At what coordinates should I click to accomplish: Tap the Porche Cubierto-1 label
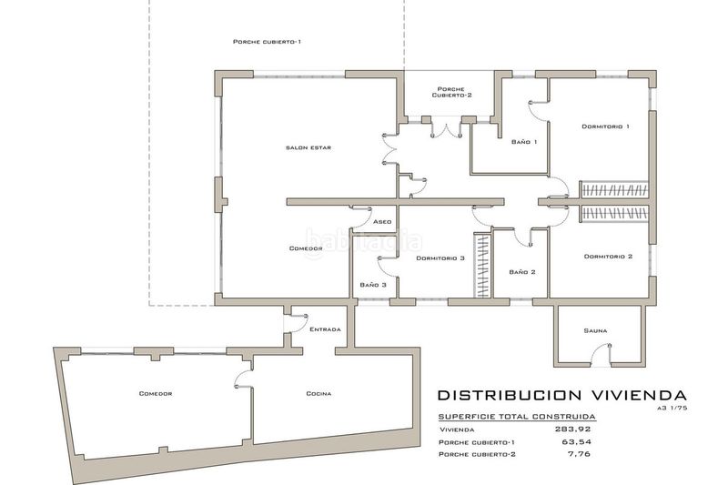pyautogui.click(x=267, y=42)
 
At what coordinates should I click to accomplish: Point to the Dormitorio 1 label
pyautogui.click(x=605, y=126)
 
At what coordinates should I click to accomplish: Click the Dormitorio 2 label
pyautogui.click(x=607, y=257)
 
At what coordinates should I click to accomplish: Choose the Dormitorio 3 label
pyautogui.click(x=440, y=258)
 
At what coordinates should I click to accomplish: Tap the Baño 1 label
pyautogui.click(x=524, y=142)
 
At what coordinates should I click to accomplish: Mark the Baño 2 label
pyautogui.click(x=522, y=272)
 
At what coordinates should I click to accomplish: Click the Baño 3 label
pyautogui.click(x=373, y=286)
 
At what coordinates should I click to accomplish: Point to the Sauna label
pyautogui.click(x=597, y=330)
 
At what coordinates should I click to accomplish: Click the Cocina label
pyautogui.click(x=318, y=394)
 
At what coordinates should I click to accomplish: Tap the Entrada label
pyautogui.click(x=325, y=329)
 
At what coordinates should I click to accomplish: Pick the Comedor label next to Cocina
pyautogui.click(x=156, y=394)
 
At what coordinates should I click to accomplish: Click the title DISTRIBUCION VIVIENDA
pyautogui.click(x=561, y=396)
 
